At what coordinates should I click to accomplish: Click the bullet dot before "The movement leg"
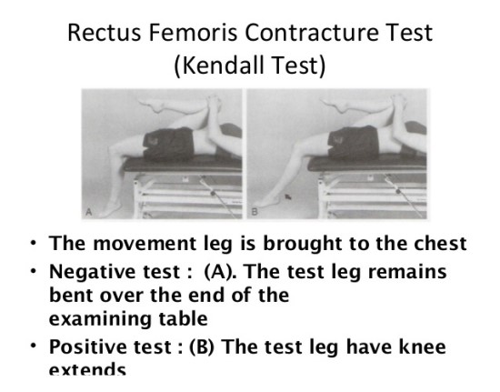pos(34,244)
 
